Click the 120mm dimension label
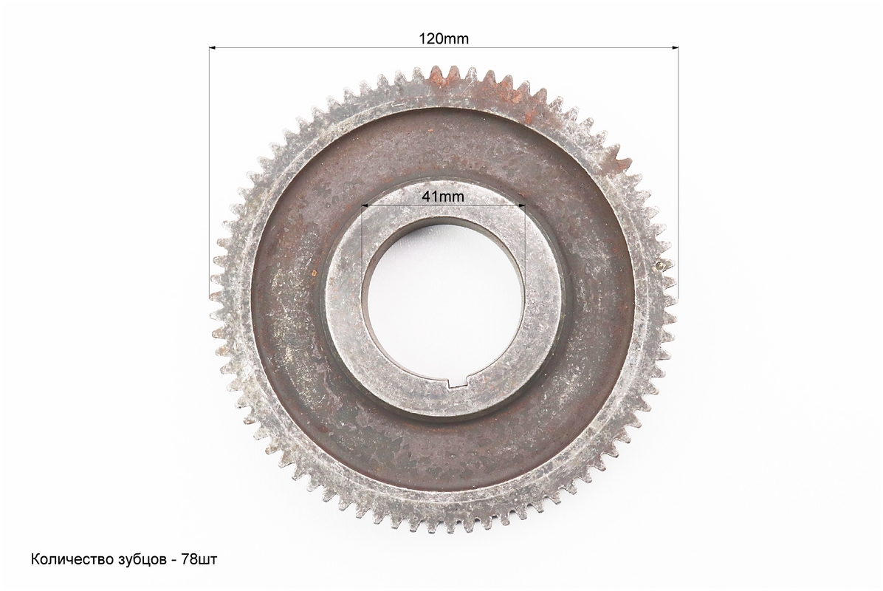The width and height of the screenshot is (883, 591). [x=443, y=38]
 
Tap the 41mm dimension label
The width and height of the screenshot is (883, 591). [x=443, y=196]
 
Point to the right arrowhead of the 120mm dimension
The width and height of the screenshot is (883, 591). [x=673, y=48]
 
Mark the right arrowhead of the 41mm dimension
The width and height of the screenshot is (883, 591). [x=520, y=205]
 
